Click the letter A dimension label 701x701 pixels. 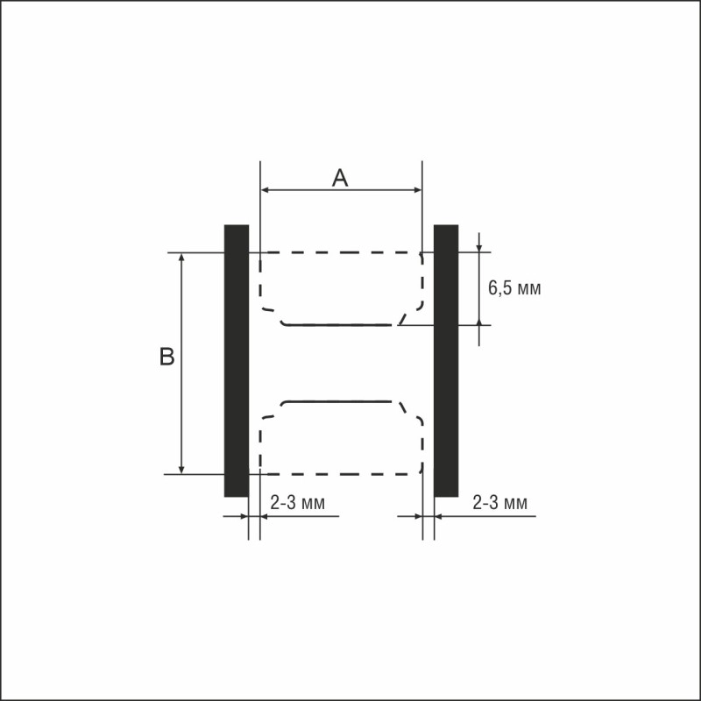[x=340, y=178]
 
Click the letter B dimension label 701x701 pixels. [x=166, y=357]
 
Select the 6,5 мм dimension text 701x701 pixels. [x=514, y=288]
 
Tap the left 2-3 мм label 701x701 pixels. [x=297, y=502]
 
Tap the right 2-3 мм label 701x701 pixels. [x=499, y=502]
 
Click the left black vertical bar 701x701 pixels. [x=237, y=361]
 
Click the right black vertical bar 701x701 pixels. [x=446, y=361]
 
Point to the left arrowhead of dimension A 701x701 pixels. [x=265, y=190]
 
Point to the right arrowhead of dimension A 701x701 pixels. [x=418, y=190]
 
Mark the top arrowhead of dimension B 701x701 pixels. [x=181, y=257]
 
